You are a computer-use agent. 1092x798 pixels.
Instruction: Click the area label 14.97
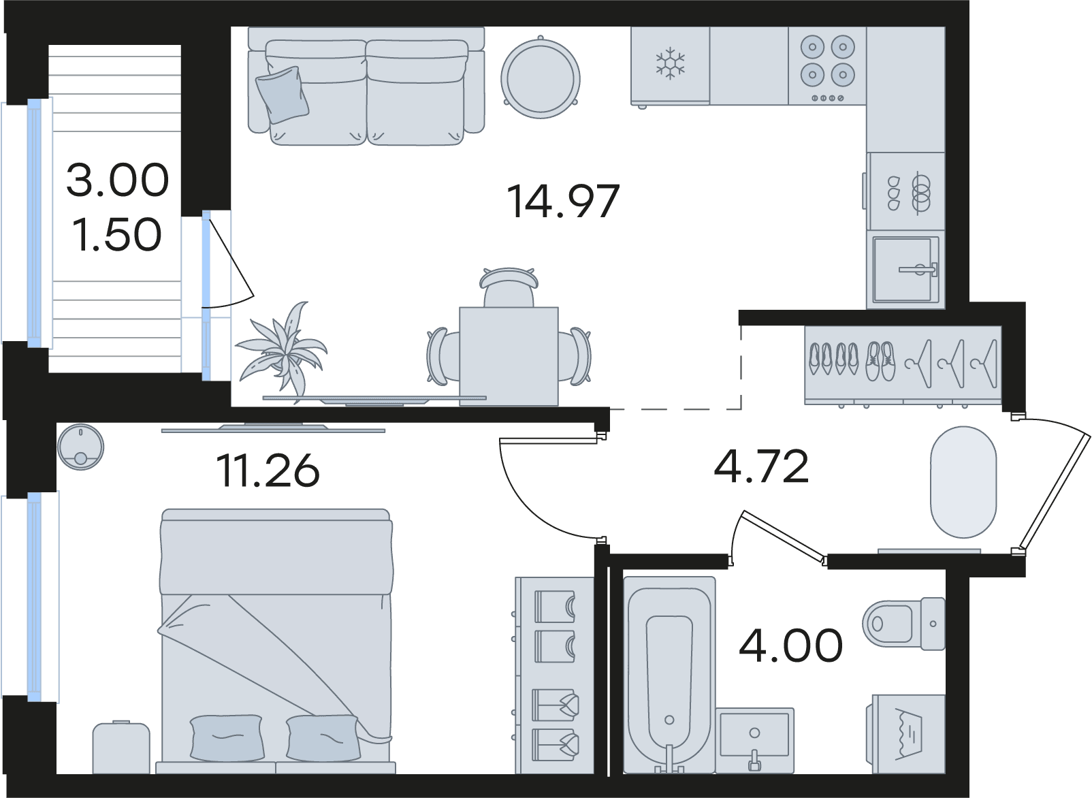click(563, 201)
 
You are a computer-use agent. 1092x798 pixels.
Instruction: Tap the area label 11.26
click(268, 470)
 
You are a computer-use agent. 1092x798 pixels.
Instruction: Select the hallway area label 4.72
click(762, 466)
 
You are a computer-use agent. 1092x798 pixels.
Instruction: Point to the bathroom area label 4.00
click(790, 645)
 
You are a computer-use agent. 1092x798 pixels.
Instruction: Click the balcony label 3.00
click(118, 180)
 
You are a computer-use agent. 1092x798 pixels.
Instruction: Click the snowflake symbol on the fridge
click(671, 63)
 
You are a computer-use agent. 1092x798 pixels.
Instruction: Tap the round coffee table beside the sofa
click(540, 78)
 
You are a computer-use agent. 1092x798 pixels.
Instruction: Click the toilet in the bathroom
click(903, 624)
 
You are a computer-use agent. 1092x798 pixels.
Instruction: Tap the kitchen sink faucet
click(919, 268)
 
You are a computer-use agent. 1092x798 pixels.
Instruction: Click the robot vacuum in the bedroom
click(80, 447)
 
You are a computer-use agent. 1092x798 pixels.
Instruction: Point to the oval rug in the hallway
click(963, 482)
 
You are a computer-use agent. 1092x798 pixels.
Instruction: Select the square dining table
click(509, 356)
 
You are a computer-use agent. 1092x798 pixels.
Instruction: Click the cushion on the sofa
click(283, 95)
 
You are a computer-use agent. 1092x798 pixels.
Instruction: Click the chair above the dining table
click(509, 287)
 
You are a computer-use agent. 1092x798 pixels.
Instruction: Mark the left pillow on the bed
click(227, 737)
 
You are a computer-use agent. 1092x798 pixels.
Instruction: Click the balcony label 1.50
click(117, 234)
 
